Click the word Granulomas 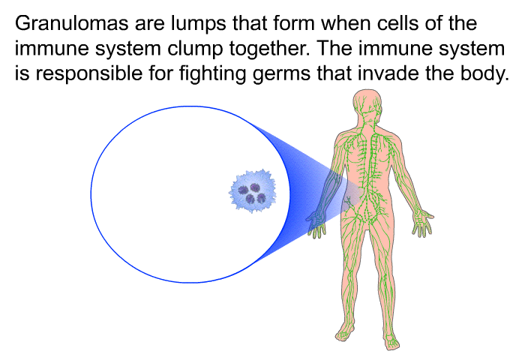click(x=71, y=23)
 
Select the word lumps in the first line click(x=199, y=24)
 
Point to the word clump click(x=195, y=49)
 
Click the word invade click(x=388, y=73)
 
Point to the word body click(x=484, y=74)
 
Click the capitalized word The click(x=334, y=48)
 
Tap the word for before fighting click(x=160, y=73)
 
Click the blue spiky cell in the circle click(x=253, y=191)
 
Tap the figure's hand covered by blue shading click(x=316, y=225)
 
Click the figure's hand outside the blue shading click(x=422, y=223)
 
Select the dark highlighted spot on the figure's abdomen click(x=349, y=202)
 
